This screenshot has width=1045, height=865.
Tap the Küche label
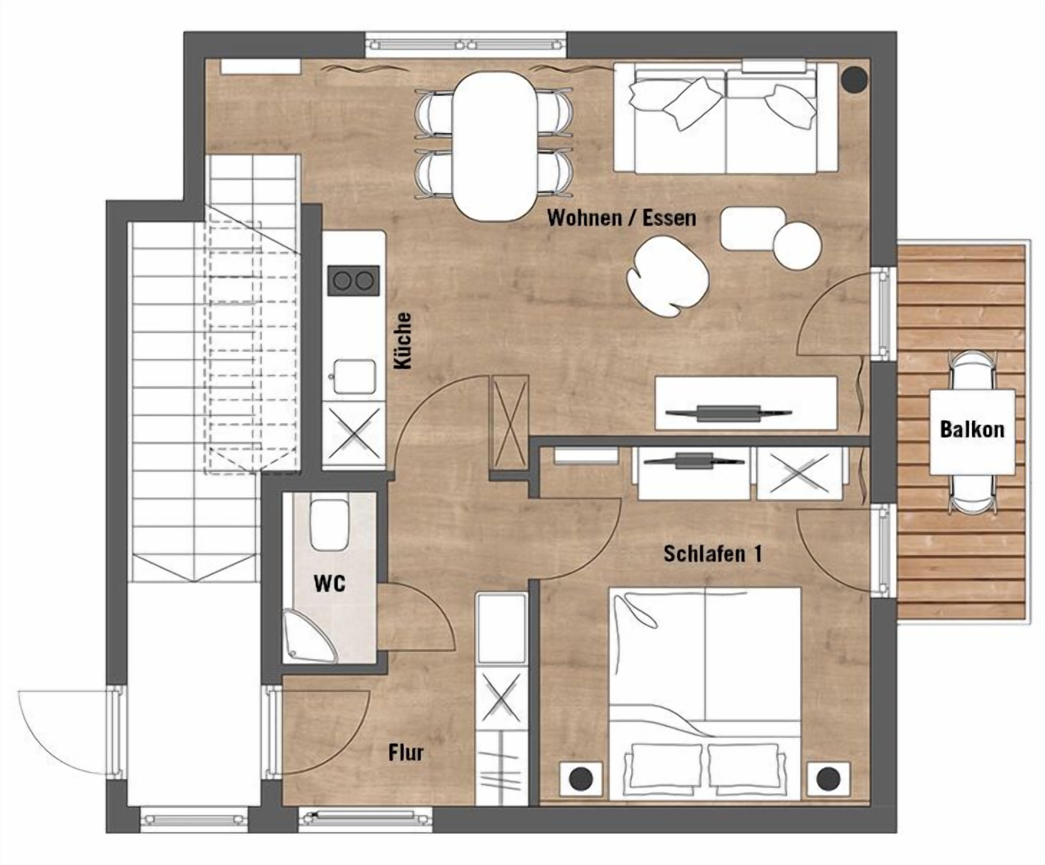click(403, 341)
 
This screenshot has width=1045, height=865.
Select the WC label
click(329, 584)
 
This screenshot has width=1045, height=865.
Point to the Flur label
click(405, 753)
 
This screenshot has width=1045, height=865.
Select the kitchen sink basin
click(354, 376)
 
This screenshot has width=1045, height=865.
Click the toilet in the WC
click(329, 524)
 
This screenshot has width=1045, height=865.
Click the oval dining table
click(495, 146)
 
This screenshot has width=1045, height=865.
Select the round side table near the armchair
click(797, 246)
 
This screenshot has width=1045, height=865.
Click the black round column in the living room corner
click(854, 79)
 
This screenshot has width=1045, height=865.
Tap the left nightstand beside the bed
click(581, 778)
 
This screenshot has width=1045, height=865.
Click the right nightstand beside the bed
click(828, 778)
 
